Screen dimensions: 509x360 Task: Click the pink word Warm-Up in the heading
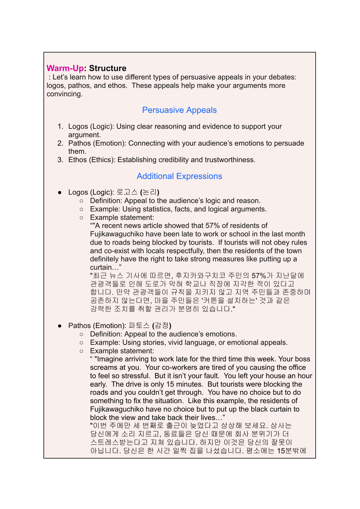point(65,68)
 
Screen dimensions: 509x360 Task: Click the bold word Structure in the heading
point(108,68)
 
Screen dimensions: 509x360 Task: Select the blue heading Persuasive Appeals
point(179,110)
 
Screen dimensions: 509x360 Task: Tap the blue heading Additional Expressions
point(179,176)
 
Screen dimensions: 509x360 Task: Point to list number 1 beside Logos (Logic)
point(60,126)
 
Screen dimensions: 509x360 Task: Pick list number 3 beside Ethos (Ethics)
point(60,160)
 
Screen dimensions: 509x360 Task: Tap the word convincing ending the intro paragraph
point(64,94)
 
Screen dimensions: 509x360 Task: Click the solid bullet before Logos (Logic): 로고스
point(60,192)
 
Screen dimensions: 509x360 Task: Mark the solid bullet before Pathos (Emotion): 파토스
point(60,326)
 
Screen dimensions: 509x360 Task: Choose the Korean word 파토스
point(139,326)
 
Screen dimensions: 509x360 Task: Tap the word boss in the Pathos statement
point(302,359)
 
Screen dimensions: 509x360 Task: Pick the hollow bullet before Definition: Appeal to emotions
point(81,334)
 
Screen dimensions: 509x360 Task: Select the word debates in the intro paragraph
point(282,77)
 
